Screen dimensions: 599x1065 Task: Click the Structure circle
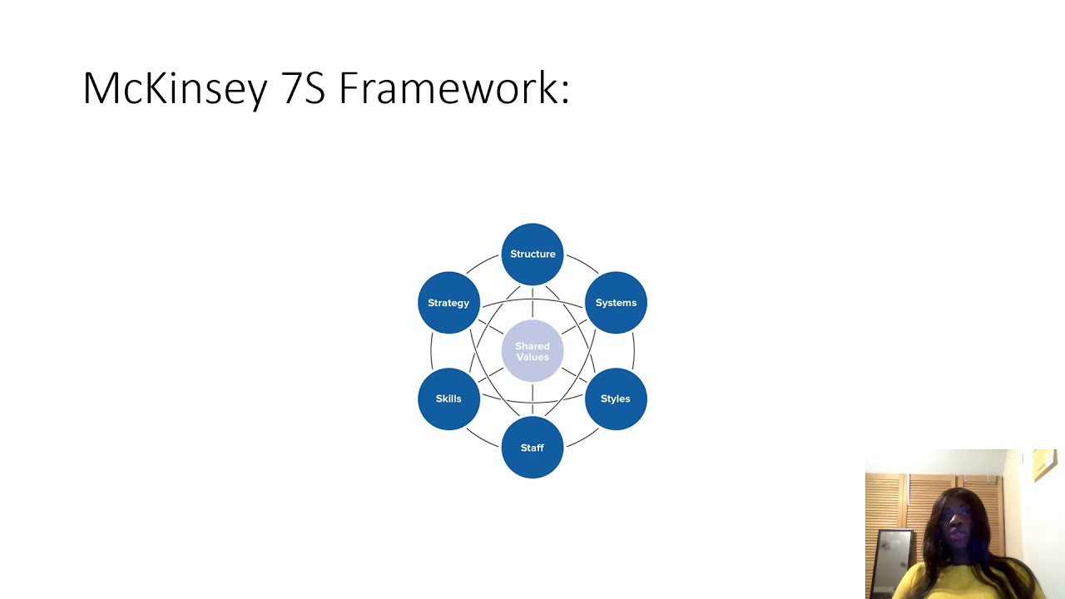coord(532,254)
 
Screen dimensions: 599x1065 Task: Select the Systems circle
coord(616,303)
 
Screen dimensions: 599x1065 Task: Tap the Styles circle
coord(616,399)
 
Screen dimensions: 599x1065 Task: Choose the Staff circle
coord(532,448)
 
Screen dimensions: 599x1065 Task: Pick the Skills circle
coord(448,399)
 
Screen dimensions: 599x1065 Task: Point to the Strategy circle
coord(448,303)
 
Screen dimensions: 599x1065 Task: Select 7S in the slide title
coord(304,88)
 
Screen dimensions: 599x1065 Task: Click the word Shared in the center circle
coord(532,346)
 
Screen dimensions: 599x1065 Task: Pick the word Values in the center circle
coord(532,358)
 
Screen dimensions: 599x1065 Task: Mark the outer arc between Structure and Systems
coord(582,265)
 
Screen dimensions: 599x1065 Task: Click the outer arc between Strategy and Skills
coord(431,350)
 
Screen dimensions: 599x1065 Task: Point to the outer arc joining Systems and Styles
coord(634,350)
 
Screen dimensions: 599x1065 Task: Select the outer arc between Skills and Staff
coord(483,437)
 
